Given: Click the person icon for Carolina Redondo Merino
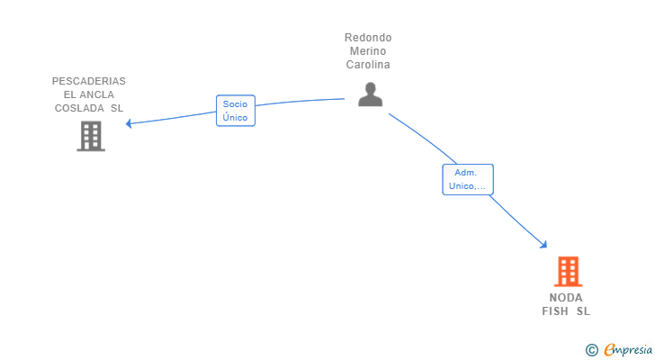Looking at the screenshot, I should pyautogui.click(x=370, y=94).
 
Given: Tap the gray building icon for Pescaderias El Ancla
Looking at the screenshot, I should pyautogui.click(x=90, y=136).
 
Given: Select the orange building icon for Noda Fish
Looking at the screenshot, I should pyautogui.click(x=567, y=271).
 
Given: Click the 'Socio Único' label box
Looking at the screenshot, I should pyautogui.click(x=236, y=111).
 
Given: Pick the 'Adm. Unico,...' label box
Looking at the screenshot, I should pyautogui.click(x=467, y=179).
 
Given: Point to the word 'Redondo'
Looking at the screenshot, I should pyautogui.click(x=368, y=38).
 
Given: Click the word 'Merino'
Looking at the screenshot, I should pyautogui.click(x=368, y=51).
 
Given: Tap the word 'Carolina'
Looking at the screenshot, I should pyautogui.click(x=368, y=65).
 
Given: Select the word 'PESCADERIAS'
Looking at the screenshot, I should pyautogui.click(x=89, y=81).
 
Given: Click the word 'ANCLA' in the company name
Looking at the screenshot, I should pyautogui.click(x=96, y=94).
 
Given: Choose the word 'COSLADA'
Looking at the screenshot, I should pyautogui.click(x=79, y=108).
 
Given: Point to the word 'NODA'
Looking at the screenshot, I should pyautogui.click(x=566, y=298).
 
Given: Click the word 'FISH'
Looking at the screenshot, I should pyautogui.click(x=555, y=311).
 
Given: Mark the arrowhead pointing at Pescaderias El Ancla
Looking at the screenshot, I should pyautogui.click(x=130, y=123).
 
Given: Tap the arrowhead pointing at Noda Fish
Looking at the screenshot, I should pyautogui.click(x=543, y=244).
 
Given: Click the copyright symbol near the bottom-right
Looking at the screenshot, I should pyautogui.click(x=591, y=350).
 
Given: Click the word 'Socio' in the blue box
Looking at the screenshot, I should pyautogui.click(x=236, y=104).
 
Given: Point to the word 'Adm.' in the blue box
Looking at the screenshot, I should pyautogui.click(x=466, y=173).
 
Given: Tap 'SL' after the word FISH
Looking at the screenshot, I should pyautogui.click(x=583, y=311).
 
